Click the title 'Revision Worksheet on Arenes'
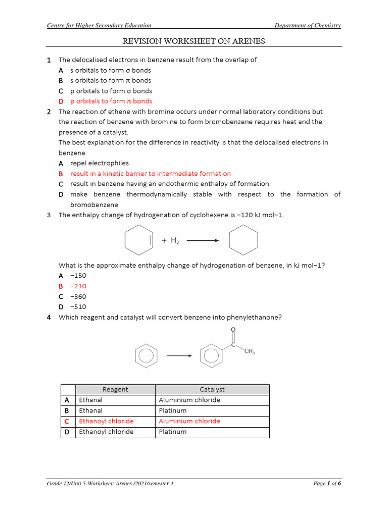point(194,41)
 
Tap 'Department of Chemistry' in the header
point(307,25)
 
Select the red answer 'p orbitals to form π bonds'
point(111,101)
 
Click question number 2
point(49,112)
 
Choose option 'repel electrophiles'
point(99,163)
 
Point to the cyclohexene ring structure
point(138,241)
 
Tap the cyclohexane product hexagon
point(243,240)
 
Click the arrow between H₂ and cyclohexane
point(203,241)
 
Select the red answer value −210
point(78,286)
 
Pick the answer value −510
point(78,306)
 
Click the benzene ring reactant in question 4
point(145,355)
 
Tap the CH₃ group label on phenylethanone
point(249,352)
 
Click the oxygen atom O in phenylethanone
point(233,330)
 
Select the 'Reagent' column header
point(115,389)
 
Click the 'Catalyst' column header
point(212,389)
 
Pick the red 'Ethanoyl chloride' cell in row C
point(107,421)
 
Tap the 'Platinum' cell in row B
point(173,410)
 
